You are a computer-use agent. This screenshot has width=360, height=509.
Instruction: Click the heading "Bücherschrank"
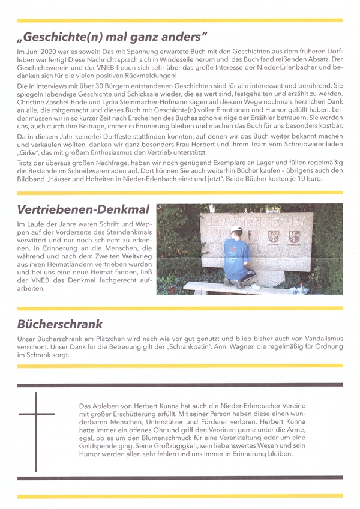[x=60, y=324]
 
